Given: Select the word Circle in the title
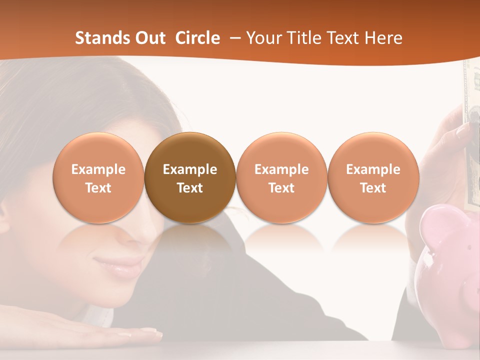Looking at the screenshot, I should (x=197, y=38).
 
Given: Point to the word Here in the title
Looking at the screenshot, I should (x=384, y=38).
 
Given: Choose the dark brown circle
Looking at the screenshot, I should (x=190, y=177).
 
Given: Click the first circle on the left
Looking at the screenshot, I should (x=98, y=177).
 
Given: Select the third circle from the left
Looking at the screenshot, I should (x=281, y=177).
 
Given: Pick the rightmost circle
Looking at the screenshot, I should (x=373, y=177).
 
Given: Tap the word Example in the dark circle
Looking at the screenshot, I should (x=190, y=169).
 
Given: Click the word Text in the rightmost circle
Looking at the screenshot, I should (x=373, y=188).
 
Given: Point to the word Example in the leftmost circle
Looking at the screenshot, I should (x=98, y=169).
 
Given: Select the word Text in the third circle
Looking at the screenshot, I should (x=281, y=188).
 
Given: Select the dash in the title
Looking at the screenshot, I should (x=234, y=38).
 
